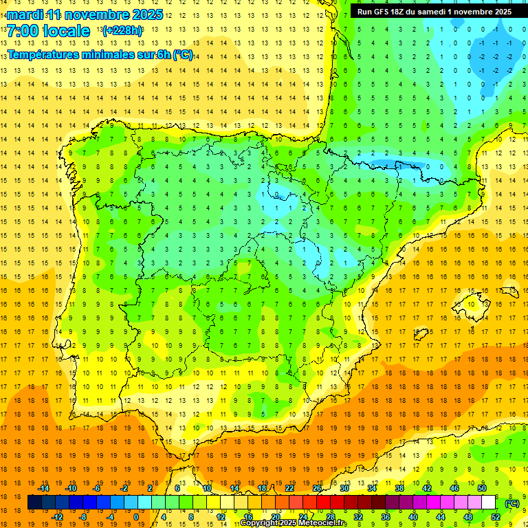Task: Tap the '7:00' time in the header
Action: point(21,31)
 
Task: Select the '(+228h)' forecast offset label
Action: point(122,31)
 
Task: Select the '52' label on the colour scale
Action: point(496,517)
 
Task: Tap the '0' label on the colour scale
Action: point(136,517)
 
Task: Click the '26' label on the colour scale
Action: point(317,488)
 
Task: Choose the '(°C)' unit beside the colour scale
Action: point(512,503)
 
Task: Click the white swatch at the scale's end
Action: point(489,503)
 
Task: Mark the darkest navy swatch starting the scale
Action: point(35,503)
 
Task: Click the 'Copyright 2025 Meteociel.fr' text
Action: point(294,523)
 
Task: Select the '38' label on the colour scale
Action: point(399,488)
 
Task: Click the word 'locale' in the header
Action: point(65,31)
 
